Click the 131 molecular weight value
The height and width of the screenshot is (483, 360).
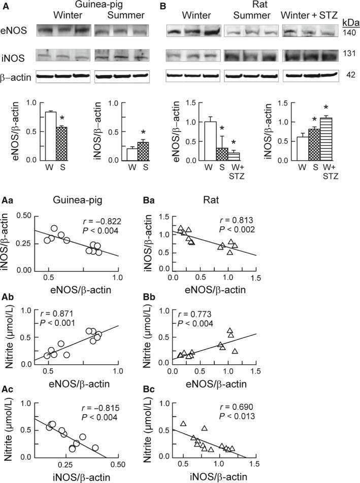[348, 53]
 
